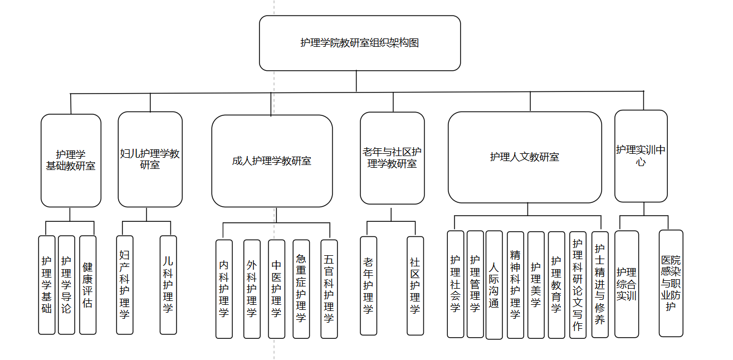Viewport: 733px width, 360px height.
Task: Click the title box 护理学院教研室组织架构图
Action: pos(360,43)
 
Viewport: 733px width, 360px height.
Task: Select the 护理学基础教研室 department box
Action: pos(71,160)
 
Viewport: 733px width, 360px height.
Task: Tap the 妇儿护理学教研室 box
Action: pos(150,159)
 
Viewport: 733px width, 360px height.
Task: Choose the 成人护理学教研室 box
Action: pos(272,161)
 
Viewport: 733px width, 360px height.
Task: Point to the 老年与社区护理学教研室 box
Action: pos(392,158)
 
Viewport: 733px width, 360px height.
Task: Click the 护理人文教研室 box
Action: pos(525,157)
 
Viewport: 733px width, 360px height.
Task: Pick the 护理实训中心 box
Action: pos(641,157)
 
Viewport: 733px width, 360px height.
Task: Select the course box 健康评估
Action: pos(87,285)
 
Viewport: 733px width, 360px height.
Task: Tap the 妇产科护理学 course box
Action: pos(125,285)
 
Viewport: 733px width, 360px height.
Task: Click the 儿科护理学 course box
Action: pos(168,285)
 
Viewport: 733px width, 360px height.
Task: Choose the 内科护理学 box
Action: pos(224,289)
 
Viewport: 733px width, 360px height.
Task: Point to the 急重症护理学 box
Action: pos(301,289)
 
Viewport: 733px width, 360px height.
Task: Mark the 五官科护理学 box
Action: pos(329,289)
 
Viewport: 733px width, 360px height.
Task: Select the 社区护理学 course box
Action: pos(415,285)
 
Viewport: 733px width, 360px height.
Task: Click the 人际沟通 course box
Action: pos(494,285)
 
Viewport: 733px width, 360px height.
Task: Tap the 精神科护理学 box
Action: pos(515,285)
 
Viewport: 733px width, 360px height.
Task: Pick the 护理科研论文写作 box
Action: pos(578,285)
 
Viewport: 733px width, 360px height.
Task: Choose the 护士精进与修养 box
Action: pos(599,285)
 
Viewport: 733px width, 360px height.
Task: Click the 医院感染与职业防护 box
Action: pos(671,283)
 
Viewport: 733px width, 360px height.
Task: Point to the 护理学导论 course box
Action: pos(66,285)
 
